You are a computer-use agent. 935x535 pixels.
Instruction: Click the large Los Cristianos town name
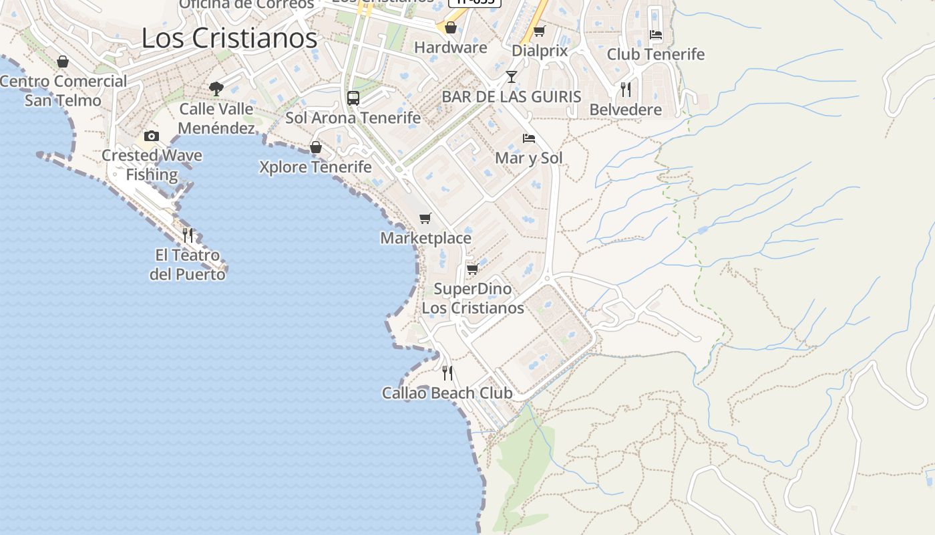click(x=229, y=38)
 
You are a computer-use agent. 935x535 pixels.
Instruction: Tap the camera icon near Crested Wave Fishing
click(x=152, y=136)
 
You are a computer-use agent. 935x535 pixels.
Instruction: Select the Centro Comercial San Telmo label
click(x=63, y=91)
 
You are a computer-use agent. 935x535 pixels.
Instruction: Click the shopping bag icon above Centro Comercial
click(x=63, y=62)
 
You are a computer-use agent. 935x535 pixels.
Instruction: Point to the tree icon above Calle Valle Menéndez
click(x=216, y=88)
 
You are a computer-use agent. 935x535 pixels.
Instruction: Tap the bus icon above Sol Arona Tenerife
click(x=353, y=98)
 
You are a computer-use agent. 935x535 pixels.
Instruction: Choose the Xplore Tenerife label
click(x=315, y=167)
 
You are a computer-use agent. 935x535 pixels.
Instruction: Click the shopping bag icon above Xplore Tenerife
click(x=316, y=147)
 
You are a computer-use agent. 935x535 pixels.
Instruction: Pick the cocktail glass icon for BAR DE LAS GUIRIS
click(x=512, y=77)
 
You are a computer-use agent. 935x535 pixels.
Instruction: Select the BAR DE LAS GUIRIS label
click(x=512, y=96)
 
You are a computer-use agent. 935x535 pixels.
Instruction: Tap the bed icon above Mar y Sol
click(x=529, y=138)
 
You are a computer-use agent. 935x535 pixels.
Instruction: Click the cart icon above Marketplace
click(x=425, y=218)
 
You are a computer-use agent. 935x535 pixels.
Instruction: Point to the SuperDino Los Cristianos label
click(x=473, y=298)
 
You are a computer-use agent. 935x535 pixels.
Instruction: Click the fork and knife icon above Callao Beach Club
click(x=447, y=373)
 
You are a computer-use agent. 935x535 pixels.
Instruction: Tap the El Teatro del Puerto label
click(x=187, y=264)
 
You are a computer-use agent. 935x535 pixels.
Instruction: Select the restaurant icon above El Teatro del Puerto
click(x=188, y=235)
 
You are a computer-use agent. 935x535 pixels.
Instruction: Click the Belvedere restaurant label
click(x=625, y=110)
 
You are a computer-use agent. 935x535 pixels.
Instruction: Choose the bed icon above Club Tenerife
click(x=656, y=35)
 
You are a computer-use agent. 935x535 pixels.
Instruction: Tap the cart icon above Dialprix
click(x=539, y=31)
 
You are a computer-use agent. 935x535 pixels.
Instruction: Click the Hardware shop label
click(x=451, y=47)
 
